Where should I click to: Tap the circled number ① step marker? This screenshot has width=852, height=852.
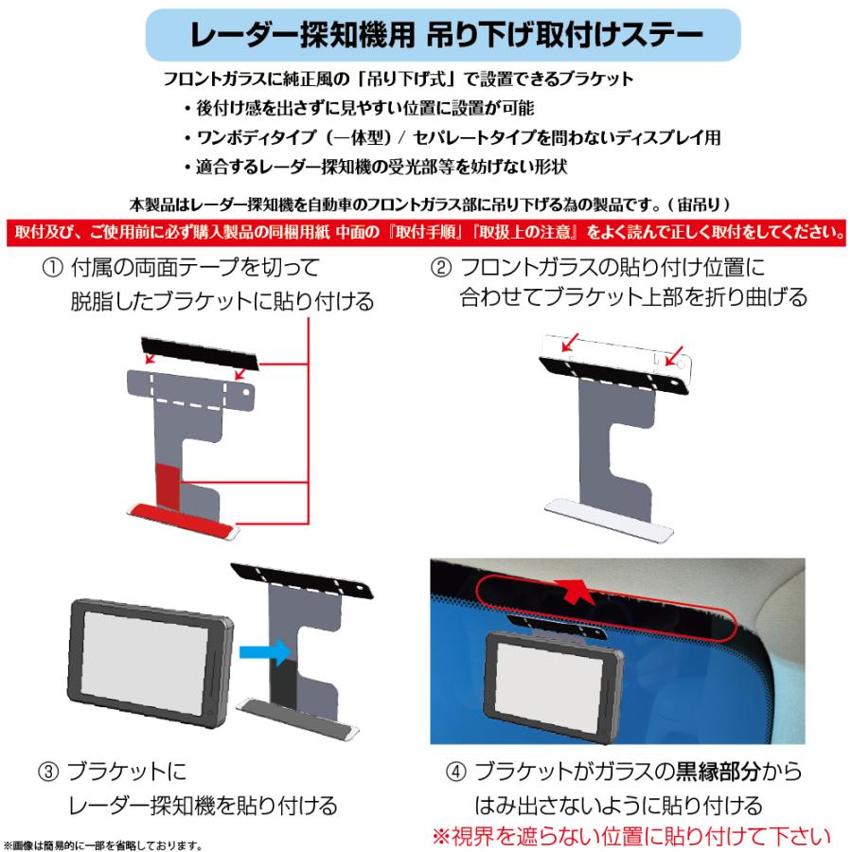(x=54, y=267)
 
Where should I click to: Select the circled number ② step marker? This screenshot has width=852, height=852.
(x=441, y=267)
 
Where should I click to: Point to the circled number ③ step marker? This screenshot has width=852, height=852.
(x=51, y=772)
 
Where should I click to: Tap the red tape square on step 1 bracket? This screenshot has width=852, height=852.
(x=168, y=485)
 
